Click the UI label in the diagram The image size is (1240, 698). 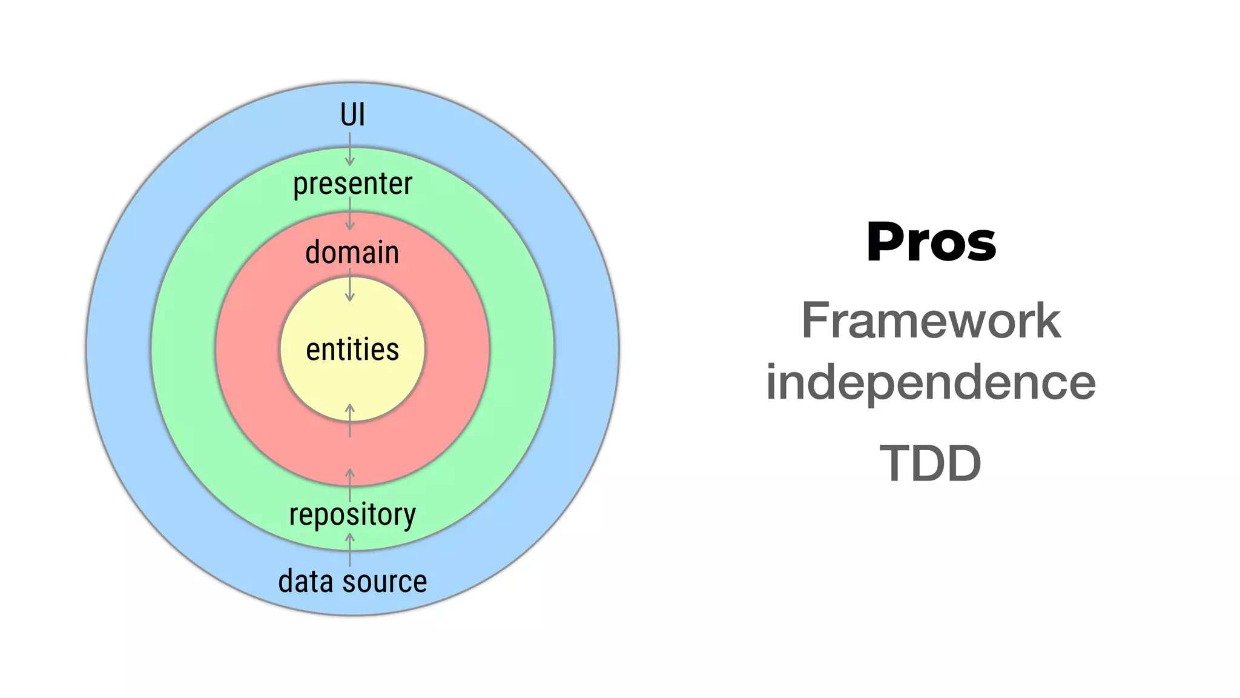352,115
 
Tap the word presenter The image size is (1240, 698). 352,184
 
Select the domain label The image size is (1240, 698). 352,252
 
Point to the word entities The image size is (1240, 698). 352,350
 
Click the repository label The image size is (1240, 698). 352,515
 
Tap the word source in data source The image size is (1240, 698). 385,582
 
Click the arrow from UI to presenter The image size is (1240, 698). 349,149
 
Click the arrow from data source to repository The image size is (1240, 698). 349,549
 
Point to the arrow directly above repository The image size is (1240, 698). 349,484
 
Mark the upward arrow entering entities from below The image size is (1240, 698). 349,419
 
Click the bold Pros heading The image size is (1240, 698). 931,242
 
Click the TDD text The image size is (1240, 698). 931,464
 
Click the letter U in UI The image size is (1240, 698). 348,115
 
